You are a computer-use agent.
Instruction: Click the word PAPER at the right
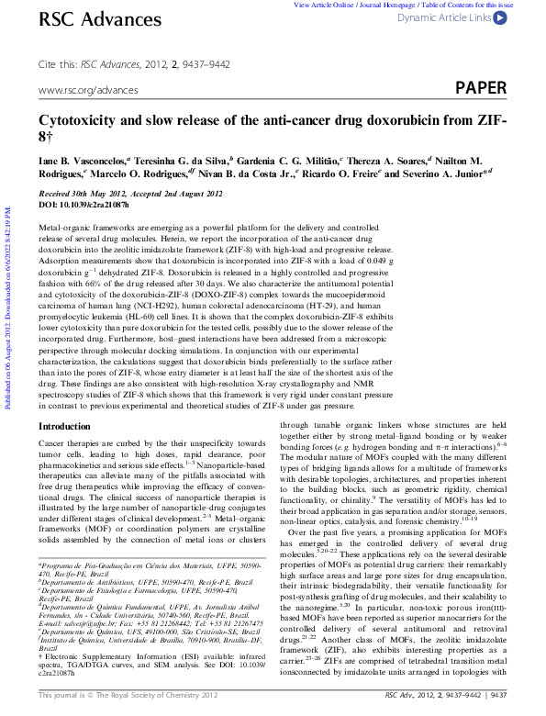click(481, 88)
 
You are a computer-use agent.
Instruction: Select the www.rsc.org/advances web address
click(87, 90)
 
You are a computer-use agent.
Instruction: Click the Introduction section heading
click(64, 427)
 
